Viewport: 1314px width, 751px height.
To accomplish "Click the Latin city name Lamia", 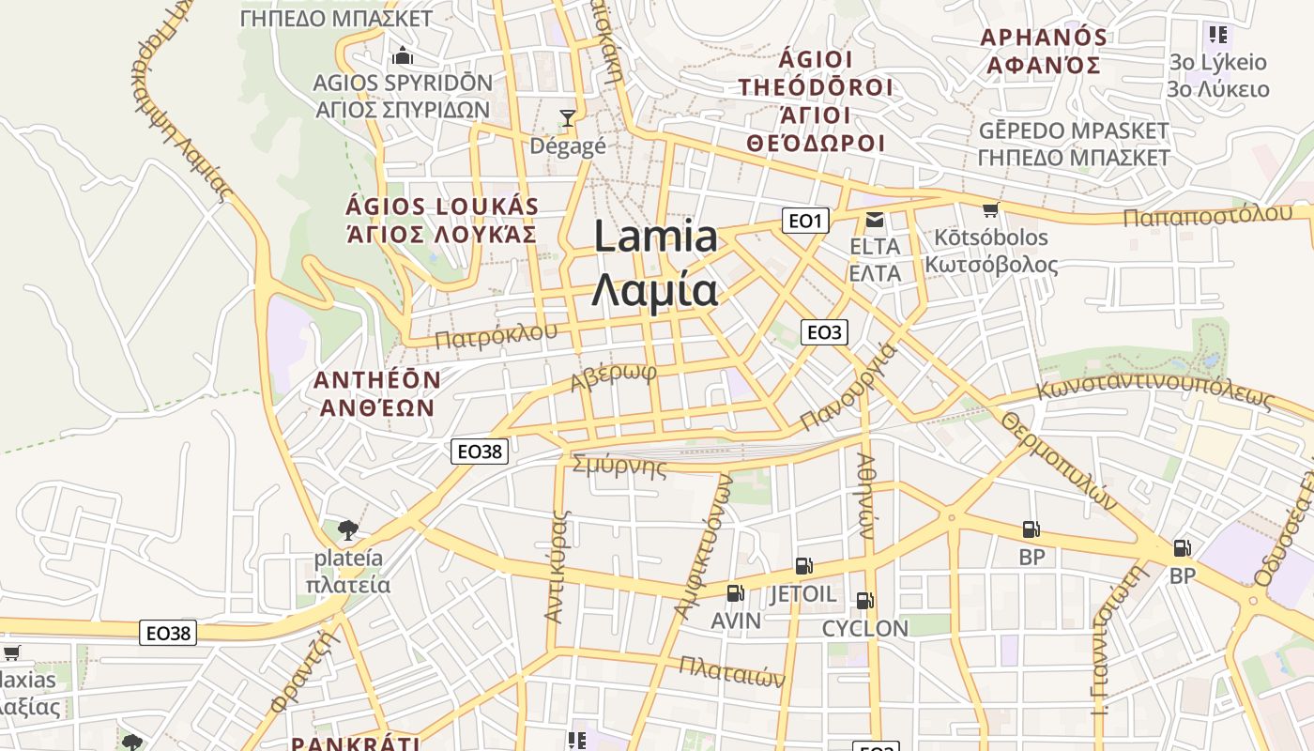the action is tap(656, 237).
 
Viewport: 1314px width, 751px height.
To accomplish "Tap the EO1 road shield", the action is tap(804, 222).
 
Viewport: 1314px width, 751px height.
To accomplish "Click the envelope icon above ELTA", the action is tap(875, 220).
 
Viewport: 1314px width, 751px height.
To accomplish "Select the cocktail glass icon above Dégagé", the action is tap(567, 118).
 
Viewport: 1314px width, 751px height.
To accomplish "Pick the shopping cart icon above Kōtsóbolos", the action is tap(990, 208).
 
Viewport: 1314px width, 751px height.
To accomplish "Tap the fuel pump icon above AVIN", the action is tap(735, 593).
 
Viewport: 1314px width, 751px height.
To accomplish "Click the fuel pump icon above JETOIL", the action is tap(803, 565).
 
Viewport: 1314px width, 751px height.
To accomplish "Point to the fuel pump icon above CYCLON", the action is tap(864, 601).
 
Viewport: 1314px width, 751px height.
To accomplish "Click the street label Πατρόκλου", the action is tap(496, 335).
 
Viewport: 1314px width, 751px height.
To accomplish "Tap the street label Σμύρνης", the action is tap(619, 466).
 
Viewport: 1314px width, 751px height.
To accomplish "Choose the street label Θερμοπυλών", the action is tap(1060, 460).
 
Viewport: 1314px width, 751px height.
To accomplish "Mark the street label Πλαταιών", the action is tap(731, 670).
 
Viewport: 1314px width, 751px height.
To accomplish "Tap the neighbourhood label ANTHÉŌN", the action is tap(376, 380).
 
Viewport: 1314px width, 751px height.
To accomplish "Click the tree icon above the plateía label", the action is tap(348, 529).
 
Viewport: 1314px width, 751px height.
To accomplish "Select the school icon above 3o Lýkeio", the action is tap(1218, 36).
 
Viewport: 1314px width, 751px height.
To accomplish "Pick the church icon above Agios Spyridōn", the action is tap(403, 54).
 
